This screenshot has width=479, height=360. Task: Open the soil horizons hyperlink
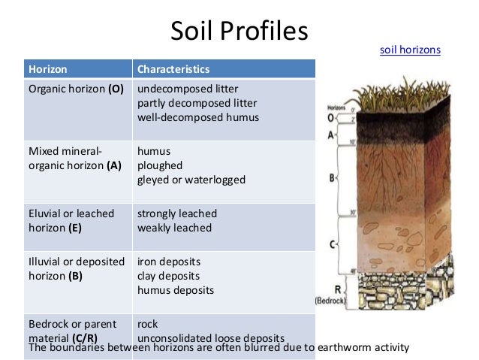(x=410, y=50)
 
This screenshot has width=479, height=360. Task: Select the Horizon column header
(x=48, y=69)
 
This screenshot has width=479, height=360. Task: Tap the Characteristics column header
(x=173, y=69)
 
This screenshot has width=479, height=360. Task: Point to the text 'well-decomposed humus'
(x=197, y=117)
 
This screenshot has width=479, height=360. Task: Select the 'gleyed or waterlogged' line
(x=191, y=180)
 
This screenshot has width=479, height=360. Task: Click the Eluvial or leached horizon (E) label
(x=71, y=220)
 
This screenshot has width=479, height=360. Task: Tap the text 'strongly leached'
(x=176, y=213)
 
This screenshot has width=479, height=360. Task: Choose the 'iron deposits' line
(x=168, y=262)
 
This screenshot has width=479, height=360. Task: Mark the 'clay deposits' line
(x=168, y=276)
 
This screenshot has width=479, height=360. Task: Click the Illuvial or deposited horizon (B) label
(x=76, y=268)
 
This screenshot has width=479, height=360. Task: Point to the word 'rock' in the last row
(x=148, y=324)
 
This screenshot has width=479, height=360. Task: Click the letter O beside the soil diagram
(x=330, y=118)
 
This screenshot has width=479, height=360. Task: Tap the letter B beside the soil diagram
(x=331, y=178)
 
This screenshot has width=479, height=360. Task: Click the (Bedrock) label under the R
(x=330, y=299)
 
